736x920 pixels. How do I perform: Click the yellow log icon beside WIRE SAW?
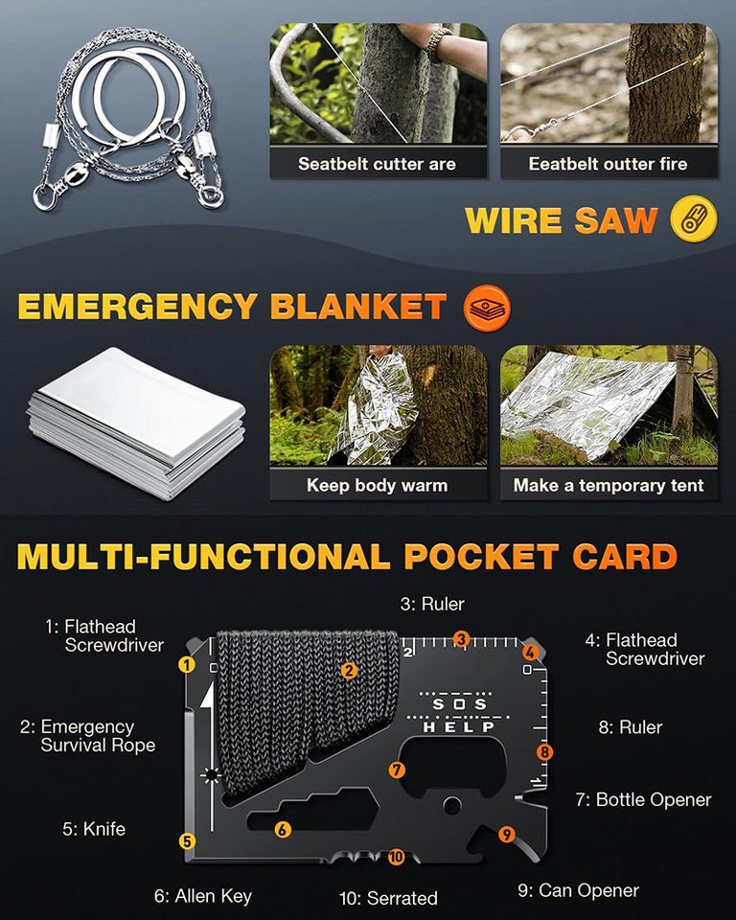coord(694,218)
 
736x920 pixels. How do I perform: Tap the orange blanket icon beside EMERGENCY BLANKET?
coord(487,308)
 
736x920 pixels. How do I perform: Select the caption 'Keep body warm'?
coord(377,485)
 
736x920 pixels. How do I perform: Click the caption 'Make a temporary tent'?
coord(609,485)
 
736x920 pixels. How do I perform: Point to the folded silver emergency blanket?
coord(137,422)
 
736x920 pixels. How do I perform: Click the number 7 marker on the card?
coord(397,770)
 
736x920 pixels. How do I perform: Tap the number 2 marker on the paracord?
coord(349,670)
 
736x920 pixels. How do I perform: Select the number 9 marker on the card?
coord(507,833)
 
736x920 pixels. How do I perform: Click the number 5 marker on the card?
coord(187,840)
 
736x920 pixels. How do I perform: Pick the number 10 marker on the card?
coord(396,856)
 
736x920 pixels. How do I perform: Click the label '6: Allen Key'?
coord(203,896)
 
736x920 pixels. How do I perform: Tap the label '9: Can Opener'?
coord(578,890)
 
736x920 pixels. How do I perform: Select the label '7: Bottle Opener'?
coord(643,799)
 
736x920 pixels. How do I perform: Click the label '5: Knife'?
coord(94,828)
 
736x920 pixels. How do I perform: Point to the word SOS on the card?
coord(460,703)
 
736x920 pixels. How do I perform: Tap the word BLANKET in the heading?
coord(358,307)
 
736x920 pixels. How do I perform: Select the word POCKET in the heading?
coord(481,556)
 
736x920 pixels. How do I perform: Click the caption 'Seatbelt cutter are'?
coord(377,164)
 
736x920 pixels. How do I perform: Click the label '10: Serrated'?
coord(388,898)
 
